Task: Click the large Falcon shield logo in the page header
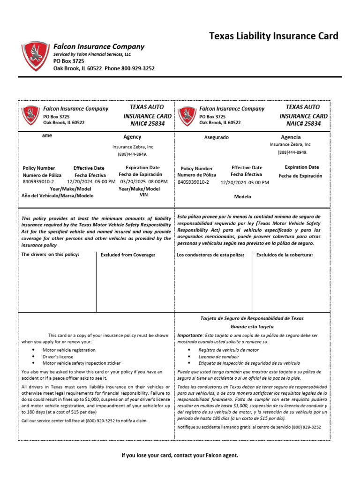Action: [x=36, y=56]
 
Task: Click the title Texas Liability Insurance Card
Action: [x=273, y=36]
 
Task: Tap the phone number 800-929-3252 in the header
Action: [x=138, y=68]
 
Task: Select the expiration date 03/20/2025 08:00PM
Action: [x=144, y=181]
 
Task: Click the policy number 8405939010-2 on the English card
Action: [x=38, y=181]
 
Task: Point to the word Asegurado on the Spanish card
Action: [x=216, y=137]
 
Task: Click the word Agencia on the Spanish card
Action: [x=291, y=137]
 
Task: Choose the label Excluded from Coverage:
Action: [x=127, y=255]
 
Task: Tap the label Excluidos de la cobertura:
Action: [x=284, y=255]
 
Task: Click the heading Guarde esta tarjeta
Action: [x=252, y=326]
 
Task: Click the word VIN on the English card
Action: [x=143, y=195]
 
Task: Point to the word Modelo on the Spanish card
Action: [x=243, y=197]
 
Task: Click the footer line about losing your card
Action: [x=180, y=455]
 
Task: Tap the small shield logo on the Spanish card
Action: [x=187, y=115]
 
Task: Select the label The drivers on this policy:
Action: [x=51, y=254]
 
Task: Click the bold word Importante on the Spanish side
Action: [x=190, y=336]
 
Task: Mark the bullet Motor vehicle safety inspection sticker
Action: [x=82, y=363]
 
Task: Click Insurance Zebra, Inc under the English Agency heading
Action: [x=132, y=147]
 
